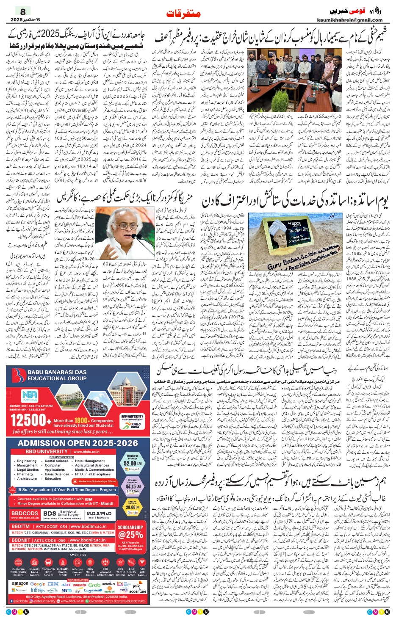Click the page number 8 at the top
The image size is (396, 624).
[x=23, y=11]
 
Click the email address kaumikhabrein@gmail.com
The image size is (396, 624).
[x=349, y=20]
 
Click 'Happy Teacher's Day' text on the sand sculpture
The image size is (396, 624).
[x=295, y=227]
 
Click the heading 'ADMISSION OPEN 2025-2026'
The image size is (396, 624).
[x=78, y=443]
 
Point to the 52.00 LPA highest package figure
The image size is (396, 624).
[x=133, y=463]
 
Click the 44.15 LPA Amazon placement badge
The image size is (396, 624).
[x=133, y=486]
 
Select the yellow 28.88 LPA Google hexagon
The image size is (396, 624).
[x=132, y=507]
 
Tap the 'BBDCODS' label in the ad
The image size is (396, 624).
[x=25, y=513]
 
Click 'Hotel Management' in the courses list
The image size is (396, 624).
[x=90, y=461]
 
